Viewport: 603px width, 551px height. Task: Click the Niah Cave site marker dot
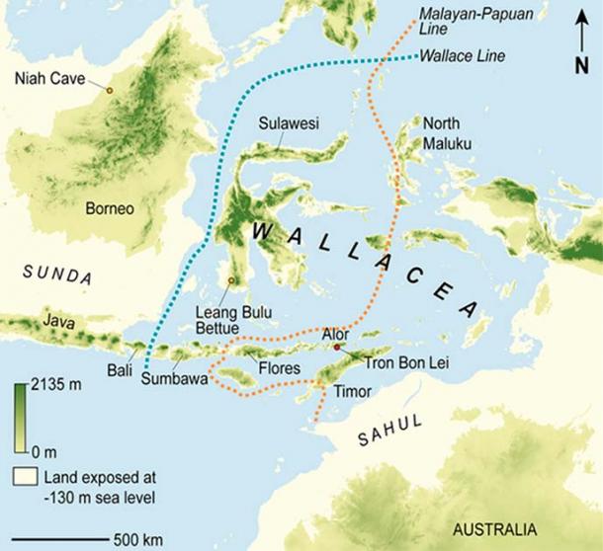point(109,90)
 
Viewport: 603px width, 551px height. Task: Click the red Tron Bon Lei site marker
point(337,349)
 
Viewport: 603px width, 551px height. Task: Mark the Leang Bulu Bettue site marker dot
point(231,280)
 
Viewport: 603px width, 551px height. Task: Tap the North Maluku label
point(447,133)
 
